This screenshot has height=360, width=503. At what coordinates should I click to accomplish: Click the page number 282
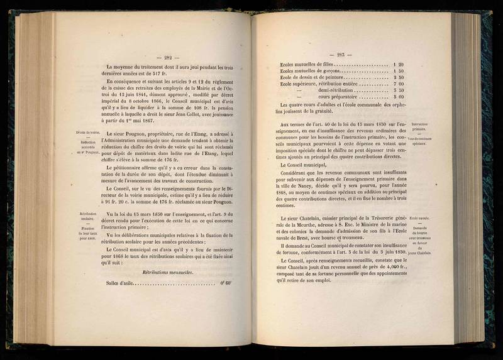click(168, 57)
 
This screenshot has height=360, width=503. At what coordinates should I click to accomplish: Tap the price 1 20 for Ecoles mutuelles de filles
click(399, 65)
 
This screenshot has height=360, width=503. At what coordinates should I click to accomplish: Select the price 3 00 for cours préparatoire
click(399, 97)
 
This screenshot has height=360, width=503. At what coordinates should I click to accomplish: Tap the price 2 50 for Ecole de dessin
click(399, 78)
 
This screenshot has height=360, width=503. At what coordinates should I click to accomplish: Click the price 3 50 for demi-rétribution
click(399, 90)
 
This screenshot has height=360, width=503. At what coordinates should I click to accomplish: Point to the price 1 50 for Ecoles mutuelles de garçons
click(399, 71)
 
